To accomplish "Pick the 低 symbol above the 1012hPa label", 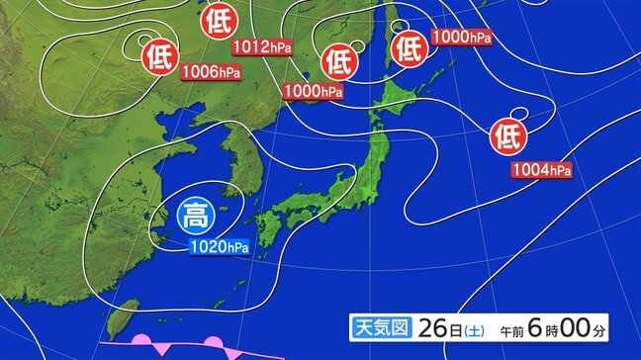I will pos(216,21).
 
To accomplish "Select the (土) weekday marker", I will pos(476,327).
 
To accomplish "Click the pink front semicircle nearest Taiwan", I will pos(141,342).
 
